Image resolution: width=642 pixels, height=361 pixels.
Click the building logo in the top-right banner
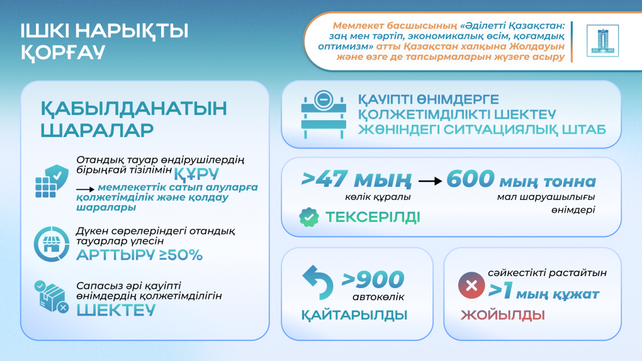pyautogui.click(x=602, y=41)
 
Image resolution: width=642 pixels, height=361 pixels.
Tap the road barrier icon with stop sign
pyautogui.click(x=324, y=114)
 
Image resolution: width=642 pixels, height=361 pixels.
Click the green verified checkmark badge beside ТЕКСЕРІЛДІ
pyautogui.click(x=308, y=217)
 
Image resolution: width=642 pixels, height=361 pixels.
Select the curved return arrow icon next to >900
pyautogui.click(x=318, y=282)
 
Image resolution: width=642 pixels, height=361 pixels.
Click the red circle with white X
pyautogui.click(x=471, y=285)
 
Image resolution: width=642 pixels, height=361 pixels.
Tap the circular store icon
pyautogui.click(x=52, y=244)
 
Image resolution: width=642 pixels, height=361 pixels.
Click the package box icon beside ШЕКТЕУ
pyautogui.click(x=52, y=297)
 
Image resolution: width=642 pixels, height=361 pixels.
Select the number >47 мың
pyautogui.click(x=356, y=180)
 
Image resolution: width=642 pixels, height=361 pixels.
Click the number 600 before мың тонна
pyautogui.click(x=470, y=179)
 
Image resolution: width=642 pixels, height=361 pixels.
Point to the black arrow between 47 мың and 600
pyautogui.click(x=430, y=181)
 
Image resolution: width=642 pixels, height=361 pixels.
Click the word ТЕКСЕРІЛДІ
pyautogui.click(x=373, y=217)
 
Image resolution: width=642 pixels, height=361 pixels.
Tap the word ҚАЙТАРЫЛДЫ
pyautogui.click(x=354, y=315)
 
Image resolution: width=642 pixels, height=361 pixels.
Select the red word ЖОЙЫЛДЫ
pyautogui.click(x=502, y=315)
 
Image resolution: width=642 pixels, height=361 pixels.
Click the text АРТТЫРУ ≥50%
pyautogui.click(x=139, y=255)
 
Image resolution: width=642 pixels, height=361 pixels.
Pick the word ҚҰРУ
pyautogui.click(x=196, y=174)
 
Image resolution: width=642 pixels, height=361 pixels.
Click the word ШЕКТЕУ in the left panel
pyautogui.click(x=116, y=310)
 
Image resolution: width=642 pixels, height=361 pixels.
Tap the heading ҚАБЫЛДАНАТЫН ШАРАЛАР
pyautogui.click(x=133, y=119)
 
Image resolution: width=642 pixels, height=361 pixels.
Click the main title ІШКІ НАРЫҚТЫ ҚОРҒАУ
pyautogui.click(x=104, y=42)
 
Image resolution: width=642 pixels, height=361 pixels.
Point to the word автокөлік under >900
pyautogui.click(x=378, y=297)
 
